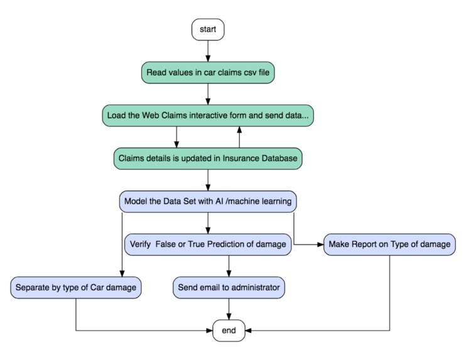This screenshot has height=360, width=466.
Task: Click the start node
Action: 207,30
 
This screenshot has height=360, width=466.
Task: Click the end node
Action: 228,330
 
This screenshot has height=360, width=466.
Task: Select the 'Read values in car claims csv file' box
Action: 207,72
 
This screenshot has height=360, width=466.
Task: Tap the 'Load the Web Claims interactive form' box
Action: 207,116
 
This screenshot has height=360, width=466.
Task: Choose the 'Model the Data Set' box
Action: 207,202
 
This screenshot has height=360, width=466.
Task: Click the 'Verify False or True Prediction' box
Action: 207,244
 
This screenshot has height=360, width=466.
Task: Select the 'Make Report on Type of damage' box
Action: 389,244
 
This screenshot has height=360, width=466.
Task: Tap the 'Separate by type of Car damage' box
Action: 75,288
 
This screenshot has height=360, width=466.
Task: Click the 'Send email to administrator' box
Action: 228,288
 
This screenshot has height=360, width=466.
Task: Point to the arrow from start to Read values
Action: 207,51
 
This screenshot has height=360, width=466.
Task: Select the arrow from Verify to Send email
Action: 228,266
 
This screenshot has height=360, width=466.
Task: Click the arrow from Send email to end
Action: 228,308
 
